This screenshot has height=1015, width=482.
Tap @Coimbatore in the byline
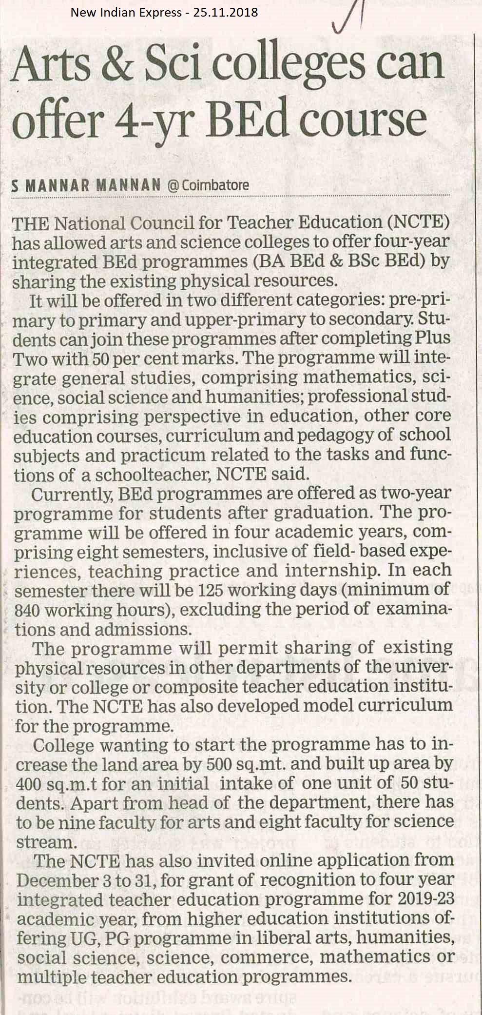click(x=208, y=185)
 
